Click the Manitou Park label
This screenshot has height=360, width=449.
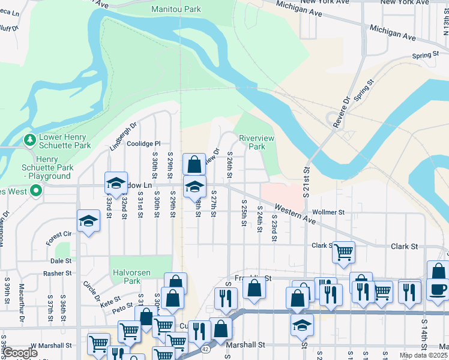pos(176,10)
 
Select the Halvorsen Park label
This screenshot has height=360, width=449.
pos(131,277)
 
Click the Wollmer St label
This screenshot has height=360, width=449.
pos(328,212)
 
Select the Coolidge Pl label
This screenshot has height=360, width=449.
pos(143,144)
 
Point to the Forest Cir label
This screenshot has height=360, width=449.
pos(58,238)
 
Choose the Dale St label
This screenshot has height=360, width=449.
pos(61,261)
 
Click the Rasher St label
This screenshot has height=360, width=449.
pos(58,274)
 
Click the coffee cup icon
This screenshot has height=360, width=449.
pos(438,289)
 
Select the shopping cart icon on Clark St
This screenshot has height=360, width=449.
pos(343,252)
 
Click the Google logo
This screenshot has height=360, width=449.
pos(19,353)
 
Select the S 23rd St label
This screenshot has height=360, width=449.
pos(273,230)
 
